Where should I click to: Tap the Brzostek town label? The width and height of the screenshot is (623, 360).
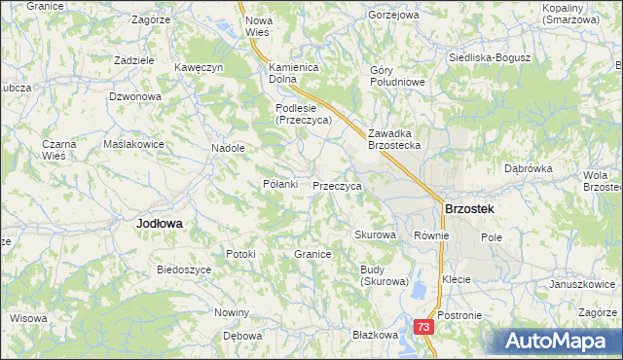coord(468,209)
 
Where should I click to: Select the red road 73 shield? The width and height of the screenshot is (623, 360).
coord(423,329)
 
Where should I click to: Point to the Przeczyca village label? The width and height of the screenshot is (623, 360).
coord(338,186)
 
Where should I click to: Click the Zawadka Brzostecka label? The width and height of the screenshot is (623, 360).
coord(393,139)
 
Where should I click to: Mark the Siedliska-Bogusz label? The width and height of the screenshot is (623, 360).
coord(489,57)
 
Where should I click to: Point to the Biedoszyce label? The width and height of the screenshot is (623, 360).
coord(184,269)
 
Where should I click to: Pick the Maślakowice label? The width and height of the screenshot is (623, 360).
coord(133,144)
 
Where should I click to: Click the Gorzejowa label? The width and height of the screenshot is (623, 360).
coord(393,16)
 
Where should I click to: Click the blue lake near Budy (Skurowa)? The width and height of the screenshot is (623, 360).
coord(417,289)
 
